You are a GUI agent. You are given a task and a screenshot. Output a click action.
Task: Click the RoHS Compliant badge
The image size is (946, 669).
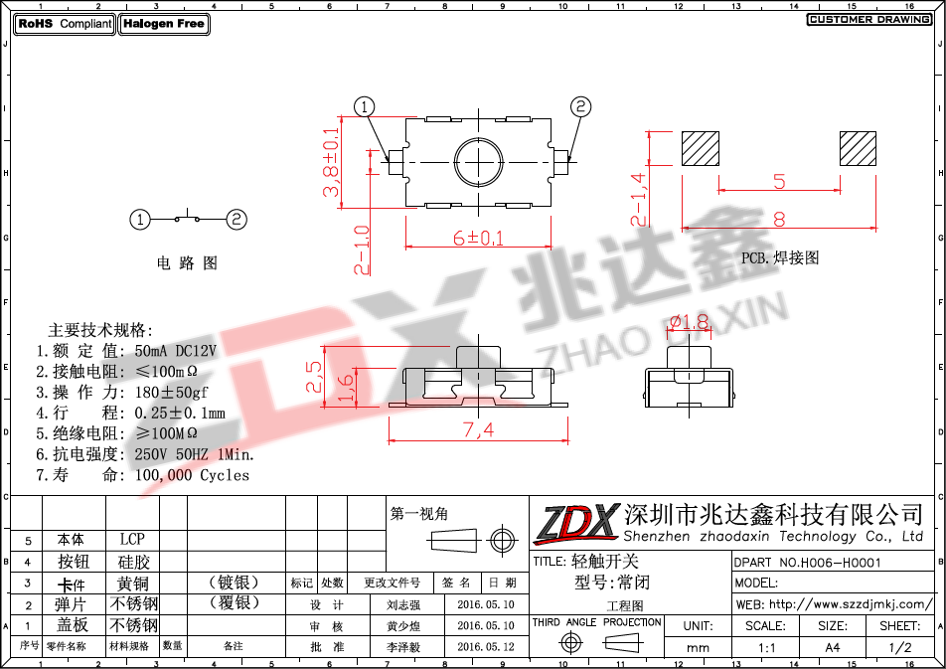(65, 24)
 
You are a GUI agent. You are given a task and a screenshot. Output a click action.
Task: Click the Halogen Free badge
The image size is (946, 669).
(164, 24)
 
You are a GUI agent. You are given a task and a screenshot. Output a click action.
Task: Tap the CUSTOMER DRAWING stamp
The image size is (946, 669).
(868, 19)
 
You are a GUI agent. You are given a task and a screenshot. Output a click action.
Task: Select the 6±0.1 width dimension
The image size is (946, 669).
(478, 238)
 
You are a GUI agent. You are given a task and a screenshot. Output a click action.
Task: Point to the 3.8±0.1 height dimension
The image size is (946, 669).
(331, 162)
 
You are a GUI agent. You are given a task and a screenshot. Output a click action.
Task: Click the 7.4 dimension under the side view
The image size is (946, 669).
(478, 429)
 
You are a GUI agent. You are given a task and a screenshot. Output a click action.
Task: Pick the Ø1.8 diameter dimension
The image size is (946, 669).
(689, 322)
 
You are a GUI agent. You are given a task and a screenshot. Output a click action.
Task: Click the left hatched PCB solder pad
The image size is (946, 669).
(701, 148)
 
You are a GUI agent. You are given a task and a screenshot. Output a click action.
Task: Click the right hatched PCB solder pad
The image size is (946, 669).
(858, 148)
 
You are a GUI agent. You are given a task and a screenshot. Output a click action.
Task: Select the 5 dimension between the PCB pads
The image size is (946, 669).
(779, 181)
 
